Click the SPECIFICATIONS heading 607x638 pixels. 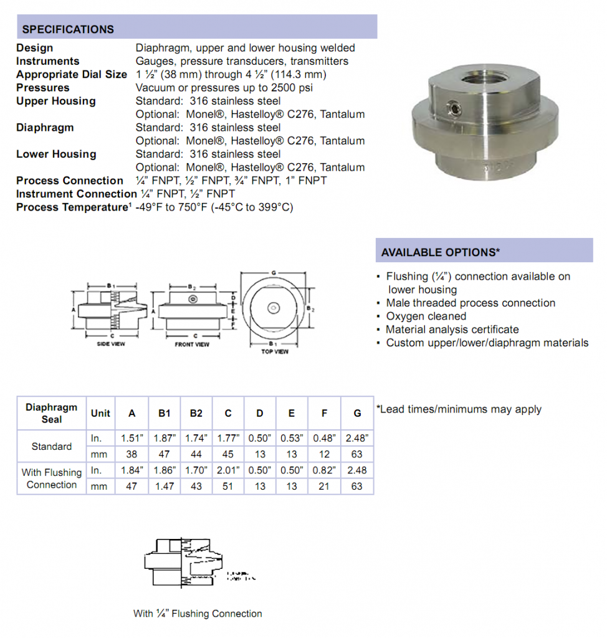click(68, 29)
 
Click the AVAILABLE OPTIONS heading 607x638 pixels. click(441, 252)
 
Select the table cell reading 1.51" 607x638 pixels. click(131, 438)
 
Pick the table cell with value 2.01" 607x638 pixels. click(228, 472)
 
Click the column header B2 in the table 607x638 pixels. click(196, 412)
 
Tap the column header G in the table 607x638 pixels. click(356, 412)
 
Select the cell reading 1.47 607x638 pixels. click(164, 486)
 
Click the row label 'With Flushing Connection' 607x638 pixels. click(52, 478)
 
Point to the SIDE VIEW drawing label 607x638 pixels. click(111, 344)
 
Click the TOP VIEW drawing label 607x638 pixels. click(274, 352)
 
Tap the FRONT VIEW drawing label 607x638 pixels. click(192, 344)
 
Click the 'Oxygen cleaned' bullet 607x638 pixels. click(426, 317)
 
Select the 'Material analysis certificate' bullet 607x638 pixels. click(452, 330)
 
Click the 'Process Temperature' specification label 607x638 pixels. click(72, 207)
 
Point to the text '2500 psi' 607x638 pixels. click(292, 88)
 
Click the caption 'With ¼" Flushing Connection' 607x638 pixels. click(198, 614)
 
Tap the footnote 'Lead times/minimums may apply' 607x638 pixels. click(460, 409)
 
